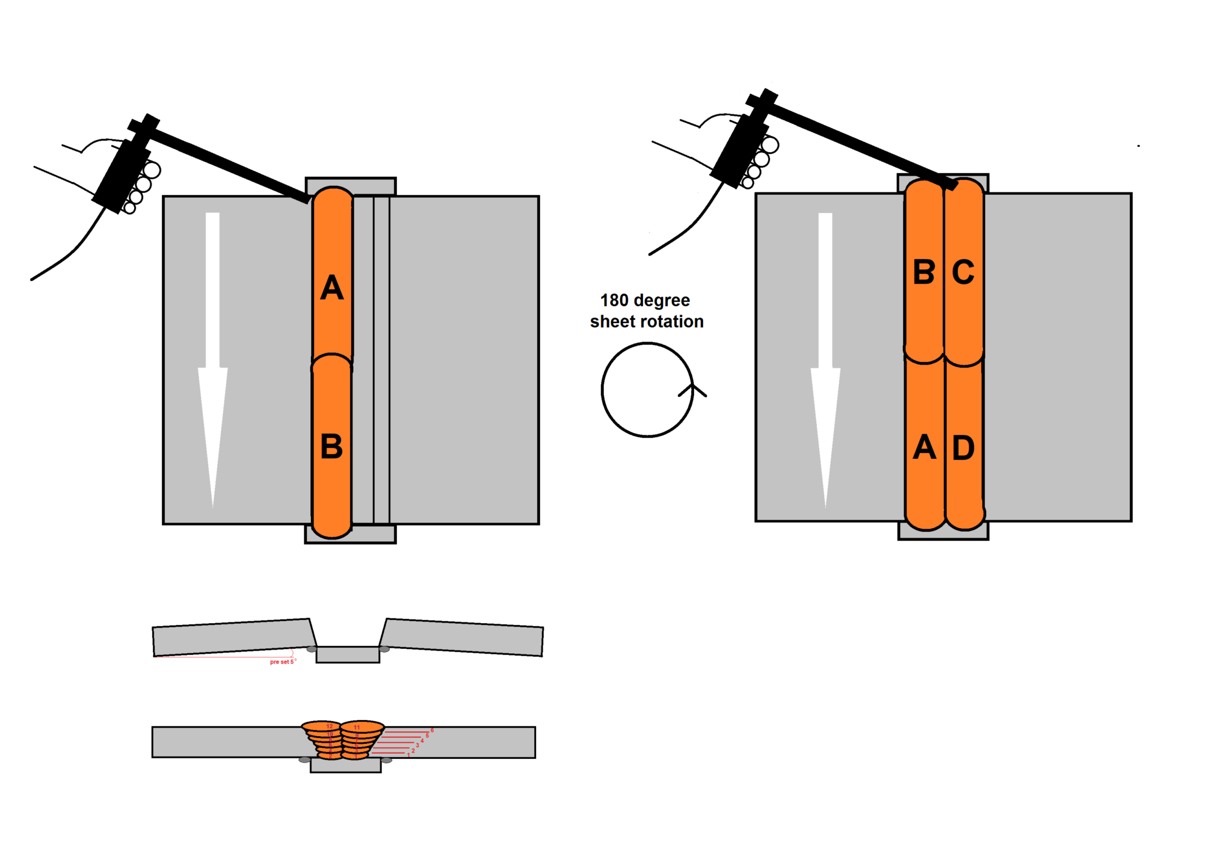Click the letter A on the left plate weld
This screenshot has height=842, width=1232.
tap(331, 288)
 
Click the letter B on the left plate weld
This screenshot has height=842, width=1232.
tap(331, 447)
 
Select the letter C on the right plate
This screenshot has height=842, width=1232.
tap(963, 272)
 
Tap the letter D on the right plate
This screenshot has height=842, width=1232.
tap(963, 448)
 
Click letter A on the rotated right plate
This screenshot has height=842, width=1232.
tap(925, 448)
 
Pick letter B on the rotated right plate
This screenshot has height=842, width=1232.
tap(924, 272)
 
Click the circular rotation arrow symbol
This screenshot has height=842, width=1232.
tap(648, 390)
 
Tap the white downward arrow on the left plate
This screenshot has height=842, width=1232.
tap(213, 361)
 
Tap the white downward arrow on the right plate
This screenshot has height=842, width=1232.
tap(825, 361)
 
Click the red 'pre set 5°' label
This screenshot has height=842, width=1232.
tap(283, 662)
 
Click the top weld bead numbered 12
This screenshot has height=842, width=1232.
tap(322, 727)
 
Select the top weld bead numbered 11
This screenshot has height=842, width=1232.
tap(362, 727)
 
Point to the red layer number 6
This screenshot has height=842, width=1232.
tap(432, 730)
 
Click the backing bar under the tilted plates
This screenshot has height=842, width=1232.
tap(348, 654)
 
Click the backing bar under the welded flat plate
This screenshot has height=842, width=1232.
tap(345, 765)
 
